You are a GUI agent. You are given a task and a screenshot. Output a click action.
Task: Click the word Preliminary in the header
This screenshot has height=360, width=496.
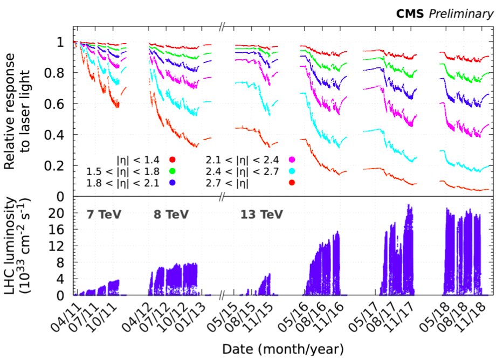tap(461, 14)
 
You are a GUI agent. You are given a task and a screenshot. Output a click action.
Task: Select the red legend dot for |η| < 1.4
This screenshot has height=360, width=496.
tap(173, 159)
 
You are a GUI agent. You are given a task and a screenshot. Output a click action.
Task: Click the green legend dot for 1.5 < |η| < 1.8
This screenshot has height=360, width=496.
tap(173, 171)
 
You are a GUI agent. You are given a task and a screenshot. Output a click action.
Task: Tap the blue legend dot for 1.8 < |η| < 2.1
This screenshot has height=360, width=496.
tap(173, 183)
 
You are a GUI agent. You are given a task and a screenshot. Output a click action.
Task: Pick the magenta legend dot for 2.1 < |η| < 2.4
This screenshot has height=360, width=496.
tap(292, 159)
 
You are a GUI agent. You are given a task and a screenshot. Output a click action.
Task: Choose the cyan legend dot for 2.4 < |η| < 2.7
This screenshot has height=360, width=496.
tap(292, 171)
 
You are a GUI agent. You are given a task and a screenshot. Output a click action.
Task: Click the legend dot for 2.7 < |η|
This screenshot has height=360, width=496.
tap(292, 183)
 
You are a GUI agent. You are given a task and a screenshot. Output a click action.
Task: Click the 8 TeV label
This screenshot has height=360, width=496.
tap(171, 214)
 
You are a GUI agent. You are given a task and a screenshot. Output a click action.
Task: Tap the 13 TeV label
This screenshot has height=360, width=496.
tap(261, 214)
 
